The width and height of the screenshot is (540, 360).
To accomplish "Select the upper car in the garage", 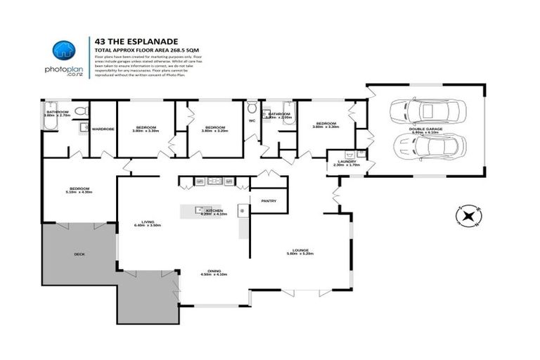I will point(423,112).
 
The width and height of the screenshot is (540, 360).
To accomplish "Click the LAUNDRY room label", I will point(347,162).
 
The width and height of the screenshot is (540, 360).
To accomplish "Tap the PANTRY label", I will point(269,201).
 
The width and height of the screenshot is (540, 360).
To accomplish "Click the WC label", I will point(251,120).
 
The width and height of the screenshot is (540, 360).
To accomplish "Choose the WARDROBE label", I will point(103,129).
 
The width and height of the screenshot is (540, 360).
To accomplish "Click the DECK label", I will point(79,254).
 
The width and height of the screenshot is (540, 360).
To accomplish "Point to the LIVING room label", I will point(148,221).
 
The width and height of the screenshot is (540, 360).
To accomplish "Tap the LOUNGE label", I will point(303,250).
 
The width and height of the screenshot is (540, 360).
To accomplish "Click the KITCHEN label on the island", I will point(215,210).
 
